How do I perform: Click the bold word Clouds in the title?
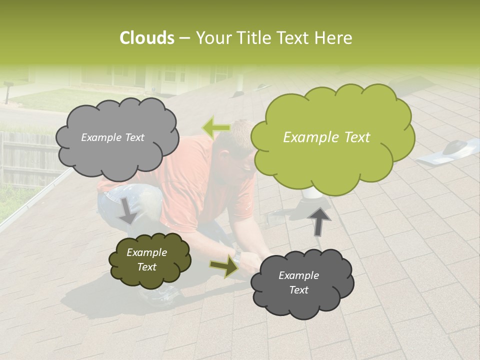[x=147, y=38]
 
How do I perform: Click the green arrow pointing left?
[x=215, y=128]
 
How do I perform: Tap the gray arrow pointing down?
[x=128, y=210]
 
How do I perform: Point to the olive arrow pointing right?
[x=224, y=267]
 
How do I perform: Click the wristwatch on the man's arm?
[x=237, y=257]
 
